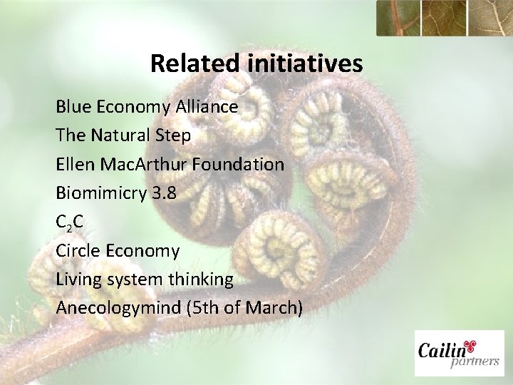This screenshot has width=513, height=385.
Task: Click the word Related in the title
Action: click(197, 64)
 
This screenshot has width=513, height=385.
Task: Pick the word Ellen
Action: click(74, 164)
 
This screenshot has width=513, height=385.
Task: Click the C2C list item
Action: click(70, 222)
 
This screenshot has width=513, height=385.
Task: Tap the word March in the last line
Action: click(277, 309)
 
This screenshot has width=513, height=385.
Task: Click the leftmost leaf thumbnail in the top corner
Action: click(400, 17)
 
